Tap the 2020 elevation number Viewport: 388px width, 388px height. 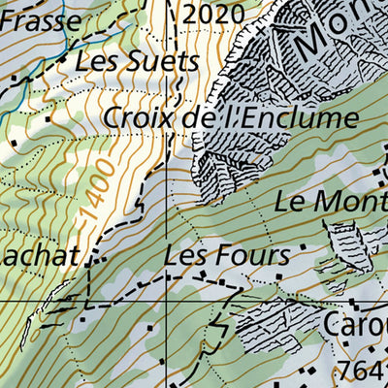[x=211, y=14]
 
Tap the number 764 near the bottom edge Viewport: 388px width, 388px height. [x=363, y=371]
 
